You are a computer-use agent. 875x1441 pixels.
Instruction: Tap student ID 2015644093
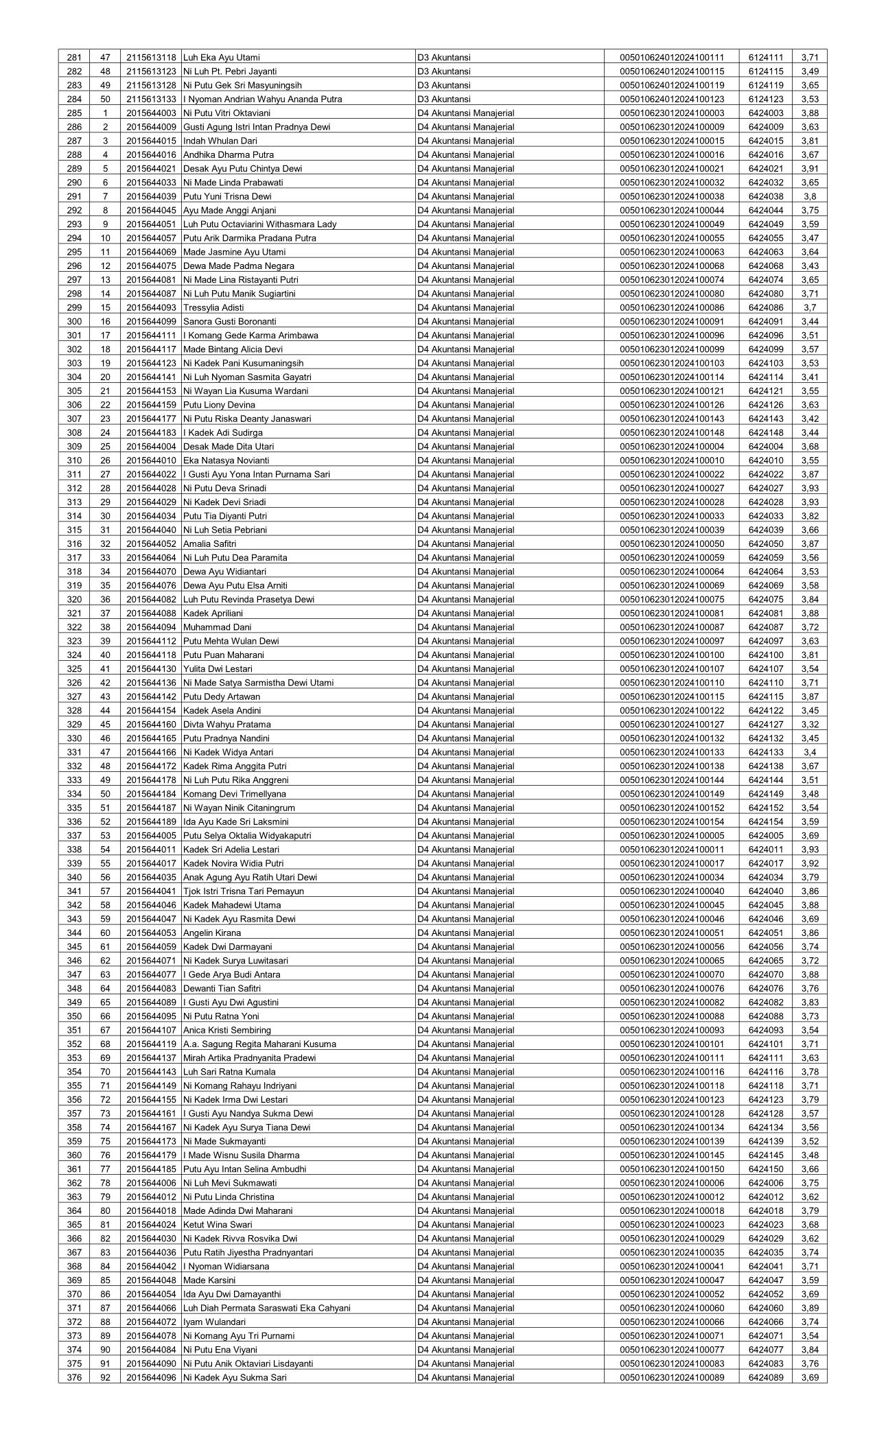pos(152,307)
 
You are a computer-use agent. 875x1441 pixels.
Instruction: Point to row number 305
pos(74,391)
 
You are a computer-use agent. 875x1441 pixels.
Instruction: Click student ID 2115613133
pos(152,99)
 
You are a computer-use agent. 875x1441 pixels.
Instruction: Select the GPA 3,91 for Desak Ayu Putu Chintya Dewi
pos(810,169)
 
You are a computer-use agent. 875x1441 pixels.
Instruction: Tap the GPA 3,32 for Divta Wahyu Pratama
pos(810,725)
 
